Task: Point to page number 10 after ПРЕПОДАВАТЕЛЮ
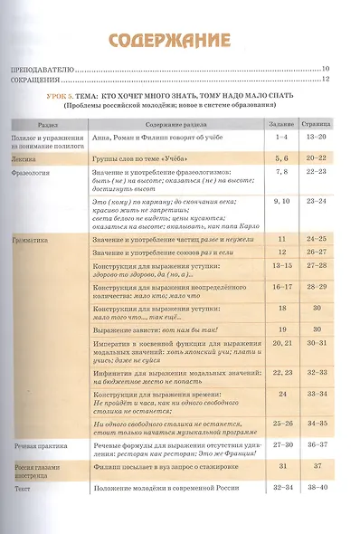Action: [326, 69]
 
